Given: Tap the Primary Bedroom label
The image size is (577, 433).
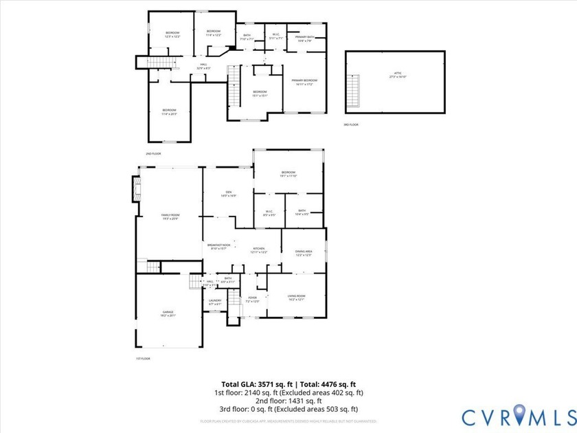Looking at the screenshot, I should pos(304,82).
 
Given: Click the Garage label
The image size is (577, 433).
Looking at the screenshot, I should pos(168,313).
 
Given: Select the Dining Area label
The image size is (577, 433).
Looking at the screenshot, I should pos(304,253).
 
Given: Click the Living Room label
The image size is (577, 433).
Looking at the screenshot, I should pos(296,298).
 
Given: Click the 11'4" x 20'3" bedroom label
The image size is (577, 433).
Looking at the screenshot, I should pos(169,112).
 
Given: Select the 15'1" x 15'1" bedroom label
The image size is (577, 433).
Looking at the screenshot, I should pos(259,93).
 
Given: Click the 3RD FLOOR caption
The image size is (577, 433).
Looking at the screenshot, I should pos(351,124).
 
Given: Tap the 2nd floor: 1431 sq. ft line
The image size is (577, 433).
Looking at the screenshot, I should pos(288,401).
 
